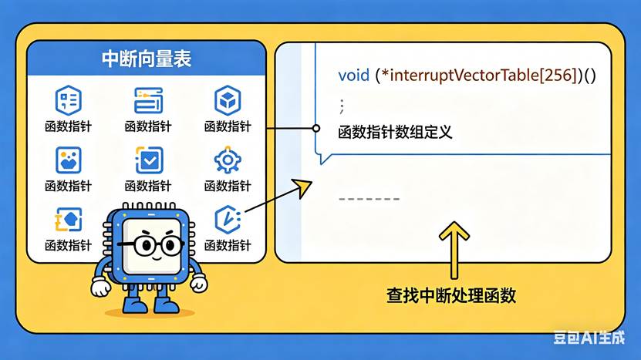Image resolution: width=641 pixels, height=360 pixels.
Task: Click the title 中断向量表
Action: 147,59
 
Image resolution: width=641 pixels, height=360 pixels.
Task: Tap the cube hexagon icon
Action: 228,100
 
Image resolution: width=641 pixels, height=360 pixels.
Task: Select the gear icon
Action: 228,160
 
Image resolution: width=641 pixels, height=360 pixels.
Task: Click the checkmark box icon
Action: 148,160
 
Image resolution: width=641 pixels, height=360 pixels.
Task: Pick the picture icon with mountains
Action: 68,160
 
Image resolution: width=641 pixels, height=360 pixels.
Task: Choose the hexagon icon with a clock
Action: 228,220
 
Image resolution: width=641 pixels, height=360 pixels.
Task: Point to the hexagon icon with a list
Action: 68,100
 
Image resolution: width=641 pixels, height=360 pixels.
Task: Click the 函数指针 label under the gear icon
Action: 228,186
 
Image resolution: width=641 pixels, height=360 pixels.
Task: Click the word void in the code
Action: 353,76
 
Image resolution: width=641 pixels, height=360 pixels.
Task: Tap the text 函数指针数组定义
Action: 395,132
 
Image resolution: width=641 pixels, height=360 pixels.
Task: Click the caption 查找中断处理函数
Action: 451,295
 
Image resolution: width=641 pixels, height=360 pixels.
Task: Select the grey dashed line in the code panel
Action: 369,200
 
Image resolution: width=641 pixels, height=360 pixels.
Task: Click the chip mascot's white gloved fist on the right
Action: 199,284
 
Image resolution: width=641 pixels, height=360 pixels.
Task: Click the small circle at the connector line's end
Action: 315,128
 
